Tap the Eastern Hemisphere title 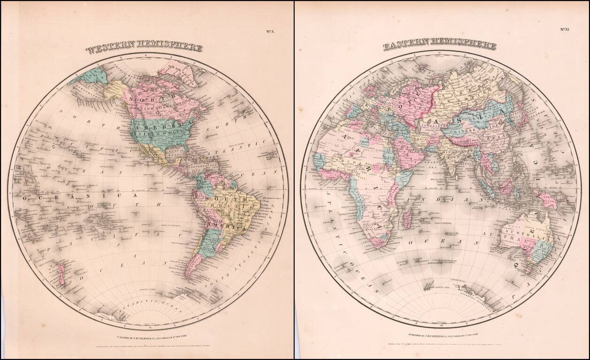coord(439,45)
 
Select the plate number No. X coord(270,32)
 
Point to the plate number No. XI coord(564,29)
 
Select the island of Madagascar coord(408,218)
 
